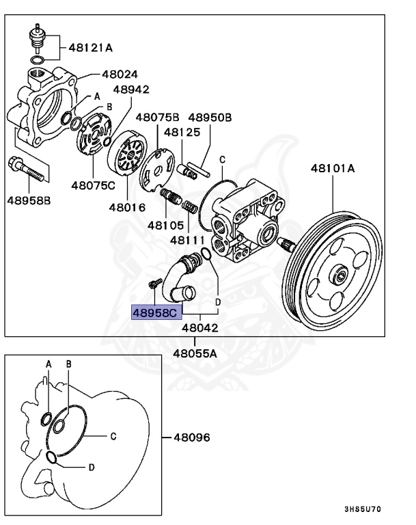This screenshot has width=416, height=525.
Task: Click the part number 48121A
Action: pyautogui.click(x=91, y=48)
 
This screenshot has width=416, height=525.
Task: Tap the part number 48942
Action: pyautogui.click(x=131, y=90)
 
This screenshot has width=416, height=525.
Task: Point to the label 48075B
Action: pyautogui.click(x=157, y=118)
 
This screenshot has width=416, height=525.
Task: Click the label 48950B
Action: pyautogui.click(x=210, y=118)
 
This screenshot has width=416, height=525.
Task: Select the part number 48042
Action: pyautogui.click(x=199, y=327)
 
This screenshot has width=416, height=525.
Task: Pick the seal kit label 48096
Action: pyautogui.click(x=191, y=437)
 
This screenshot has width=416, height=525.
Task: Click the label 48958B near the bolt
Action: pyautogui.click(x=29, y=200)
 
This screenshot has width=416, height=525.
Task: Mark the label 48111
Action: pyautogui.click(x=185, y=240)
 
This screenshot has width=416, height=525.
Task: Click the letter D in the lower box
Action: pyautogui.click(x=91, y=468)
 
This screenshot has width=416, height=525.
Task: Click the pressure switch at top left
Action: pyautogui.click(x=36, y=37)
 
